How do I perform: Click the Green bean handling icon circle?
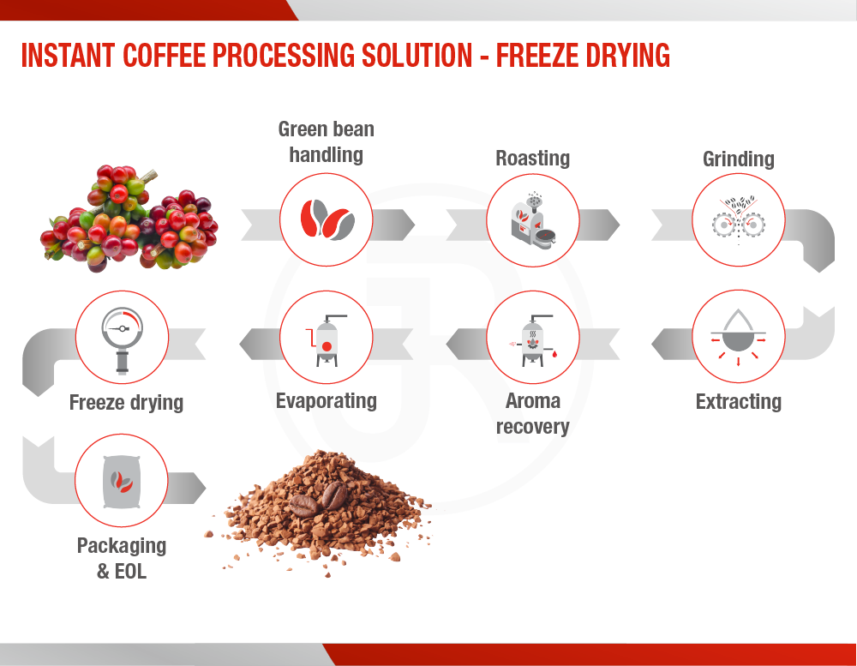pos(327,219)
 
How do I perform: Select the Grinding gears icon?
pos(739,219)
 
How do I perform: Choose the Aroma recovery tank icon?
pos(533,340)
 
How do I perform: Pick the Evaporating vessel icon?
pos(327,340)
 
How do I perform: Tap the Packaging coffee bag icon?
pos(122,482)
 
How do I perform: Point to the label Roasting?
pos(533,158)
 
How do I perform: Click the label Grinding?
pos(739,159)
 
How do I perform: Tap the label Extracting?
pos(739,402)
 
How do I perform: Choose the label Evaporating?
pos(327,401)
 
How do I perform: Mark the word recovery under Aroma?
pos(533,427)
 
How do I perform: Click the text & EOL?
pos(122,572)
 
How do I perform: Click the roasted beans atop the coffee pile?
pos(318,499)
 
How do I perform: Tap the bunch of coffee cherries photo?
pos(129,219)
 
